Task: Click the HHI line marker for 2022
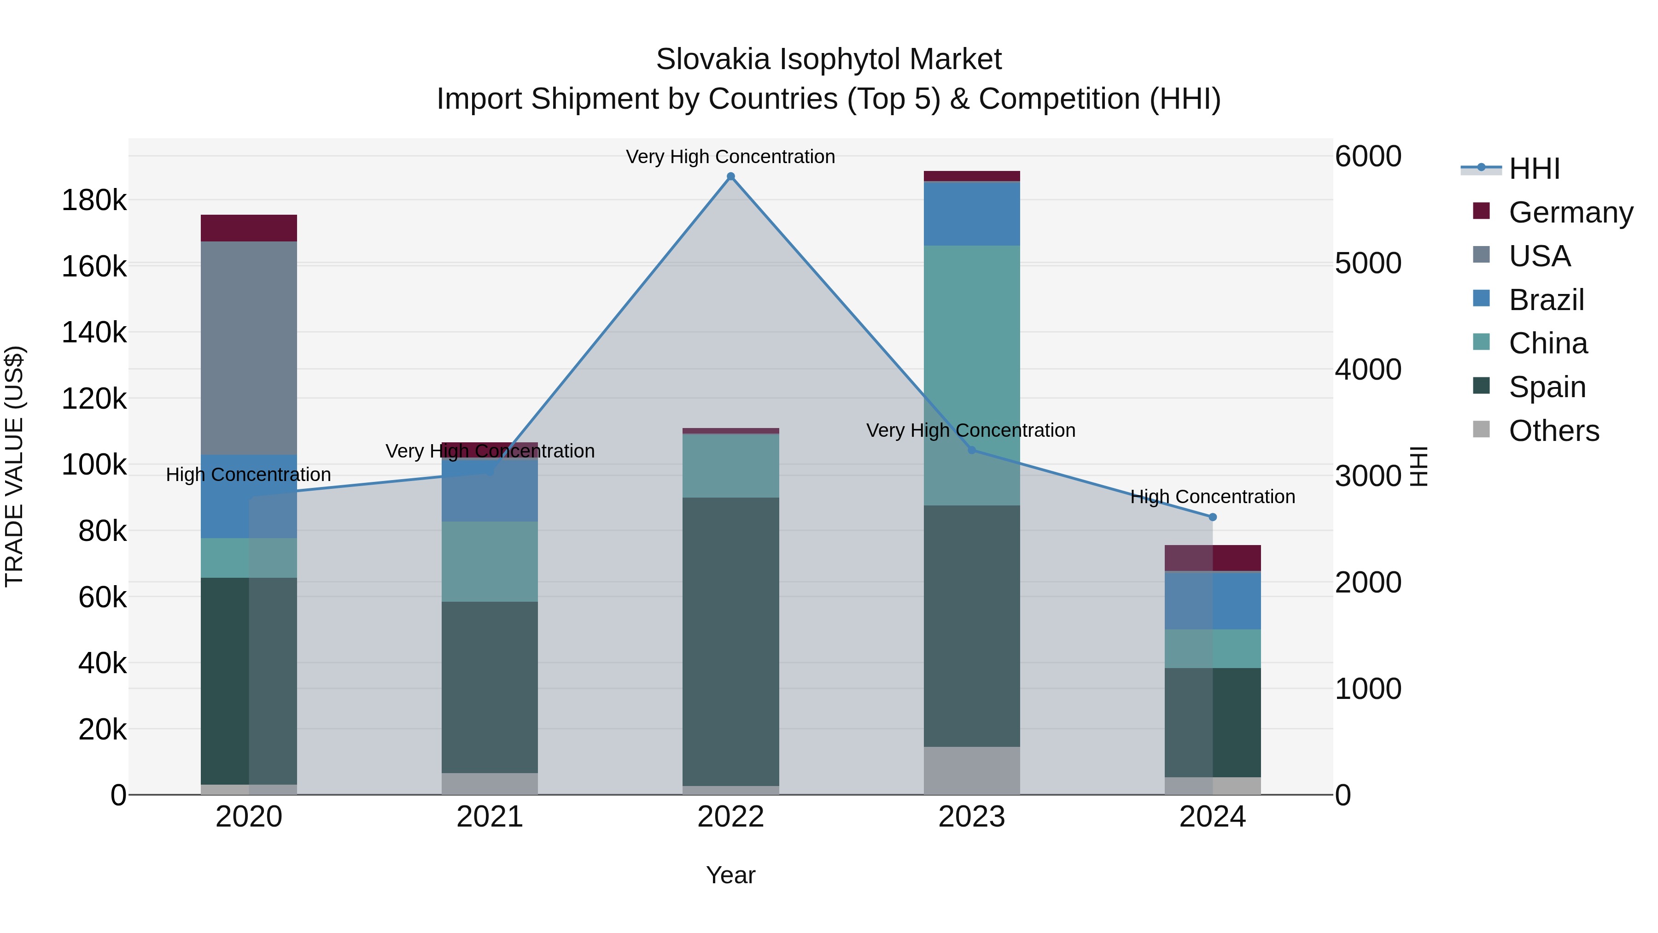730,176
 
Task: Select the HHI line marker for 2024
1213,517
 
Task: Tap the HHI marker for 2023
972,450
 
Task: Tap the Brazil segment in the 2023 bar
972,214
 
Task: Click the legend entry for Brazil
1546,300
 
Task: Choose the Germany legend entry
1570,212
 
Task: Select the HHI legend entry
1535,169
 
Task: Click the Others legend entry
1554,431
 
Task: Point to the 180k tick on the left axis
94,201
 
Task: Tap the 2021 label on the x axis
490,817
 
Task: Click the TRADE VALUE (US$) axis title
15,466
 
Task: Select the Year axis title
730,875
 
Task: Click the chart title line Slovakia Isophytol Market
829,59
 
